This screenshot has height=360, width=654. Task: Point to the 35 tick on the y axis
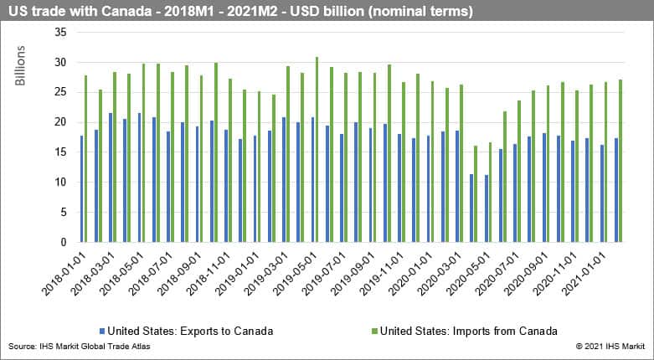60,32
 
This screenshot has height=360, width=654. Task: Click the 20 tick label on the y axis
60,122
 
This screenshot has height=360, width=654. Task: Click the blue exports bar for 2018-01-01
81,188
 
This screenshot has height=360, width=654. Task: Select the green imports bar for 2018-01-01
85,159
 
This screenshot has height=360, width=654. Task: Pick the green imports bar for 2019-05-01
317,150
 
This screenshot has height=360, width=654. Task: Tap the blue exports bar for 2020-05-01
486,208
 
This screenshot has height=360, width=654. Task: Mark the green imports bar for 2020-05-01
490,193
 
